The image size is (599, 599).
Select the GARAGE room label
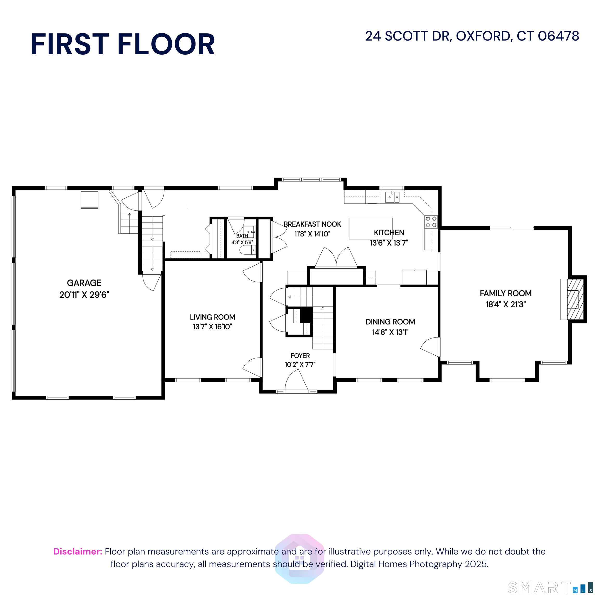[84, 283]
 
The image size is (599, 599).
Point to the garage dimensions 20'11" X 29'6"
[84, 295]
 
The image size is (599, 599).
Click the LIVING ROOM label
[212, 317]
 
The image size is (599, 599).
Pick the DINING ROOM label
[390, 322]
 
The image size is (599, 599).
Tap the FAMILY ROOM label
[506, 293]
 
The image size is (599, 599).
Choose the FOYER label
[300, 356]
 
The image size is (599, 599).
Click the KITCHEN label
[389, 232]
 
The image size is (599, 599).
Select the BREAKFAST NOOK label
[312, 224]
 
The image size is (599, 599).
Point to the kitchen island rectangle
[371, 229]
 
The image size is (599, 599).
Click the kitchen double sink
[393, 197]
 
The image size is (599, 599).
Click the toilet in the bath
[248, 250]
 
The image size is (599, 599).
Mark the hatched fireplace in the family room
[575, 299]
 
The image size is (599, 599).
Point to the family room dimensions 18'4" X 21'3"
[506, 304]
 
